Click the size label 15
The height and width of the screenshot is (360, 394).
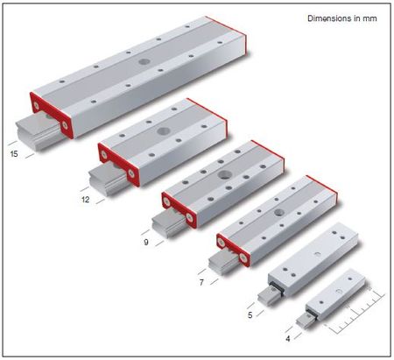point(14,153)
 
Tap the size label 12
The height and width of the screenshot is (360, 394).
point(85,200)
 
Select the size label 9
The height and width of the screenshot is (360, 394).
point(146,242)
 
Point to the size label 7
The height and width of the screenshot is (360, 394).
point(201,283)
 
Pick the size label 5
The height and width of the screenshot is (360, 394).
point(250,315)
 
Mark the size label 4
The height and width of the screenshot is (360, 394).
point(288,339)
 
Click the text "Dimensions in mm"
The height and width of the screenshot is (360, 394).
point(342,18)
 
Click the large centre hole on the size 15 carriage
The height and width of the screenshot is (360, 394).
point(144,61)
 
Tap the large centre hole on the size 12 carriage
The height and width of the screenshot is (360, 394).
point(163,131)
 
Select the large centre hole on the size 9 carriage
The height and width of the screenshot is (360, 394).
point(225,175)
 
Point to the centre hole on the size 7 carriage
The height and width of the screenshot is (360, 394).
point(279,212)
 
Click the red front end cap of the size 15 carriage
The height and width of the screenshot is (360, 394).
point(52,116)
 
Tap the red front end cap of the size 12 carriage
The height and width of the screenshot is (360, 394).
point(118,165)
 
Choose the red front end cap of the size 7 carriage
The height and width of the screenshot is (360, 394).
point(233,251)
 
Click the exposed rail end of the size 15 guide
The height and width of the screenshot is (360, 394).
point(38,132)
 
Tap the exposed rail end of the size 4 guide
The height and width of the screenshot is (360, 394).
point(306,321)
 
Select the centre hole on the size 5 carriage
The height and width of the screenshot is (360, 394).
point(317,254)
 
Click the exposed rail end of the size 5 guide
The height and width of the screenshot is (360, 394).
point(269,295)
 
